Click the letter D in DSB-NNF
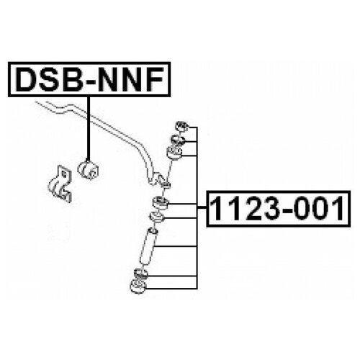[x=27, y=79]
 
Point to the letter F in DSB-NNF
[x=156, y=79]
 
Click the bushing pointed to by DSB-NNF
[x=88, y=169]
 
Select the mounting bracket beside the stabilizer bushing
[x=60, y=184]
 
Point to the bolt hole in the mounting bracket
[x=64, y=174]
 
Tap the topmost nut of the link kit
[x=182, y=126]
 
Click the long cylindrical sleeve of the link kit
[x=148, y=247]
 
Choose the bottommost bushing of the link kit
[x=138, y=287]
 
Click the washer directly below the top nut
[x=178, y=140]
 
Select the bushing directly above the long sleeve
[x=157, y=217]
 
